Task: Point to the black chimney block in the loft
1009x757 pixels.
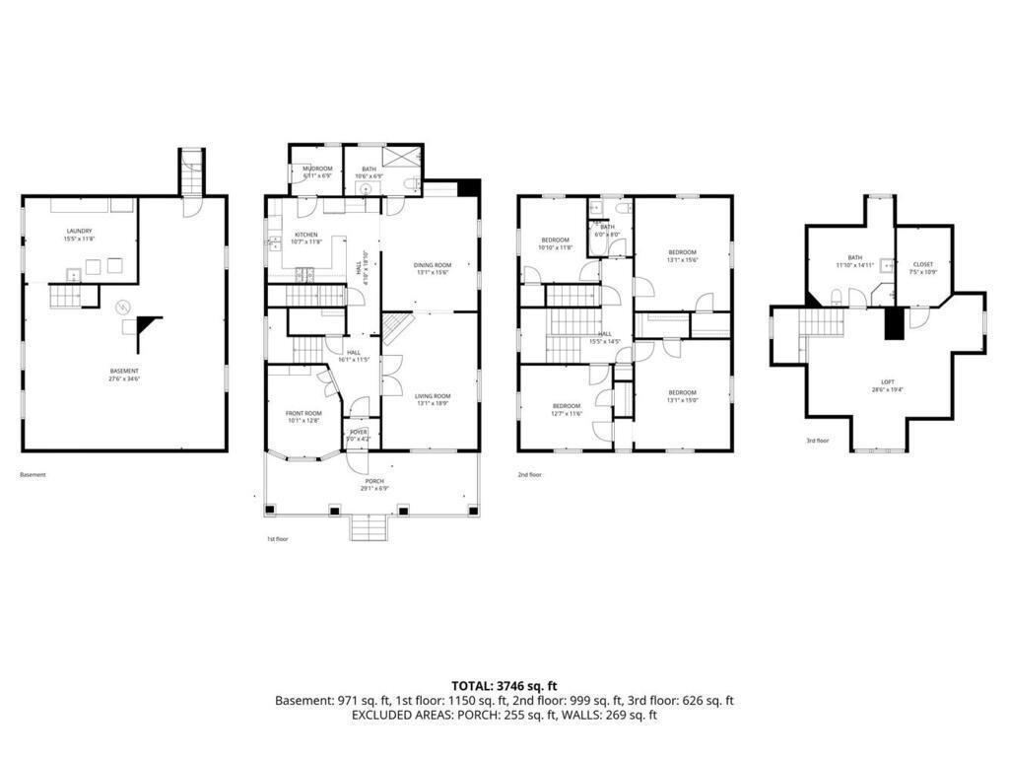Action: point(894,324)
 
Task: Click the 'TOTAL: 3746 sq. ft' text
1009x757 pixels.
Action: point(504,685)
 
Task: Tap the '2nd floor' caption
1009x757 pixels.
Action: point(530,474)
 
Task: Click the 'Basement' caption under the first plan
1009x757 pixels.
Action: point(33,474)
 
